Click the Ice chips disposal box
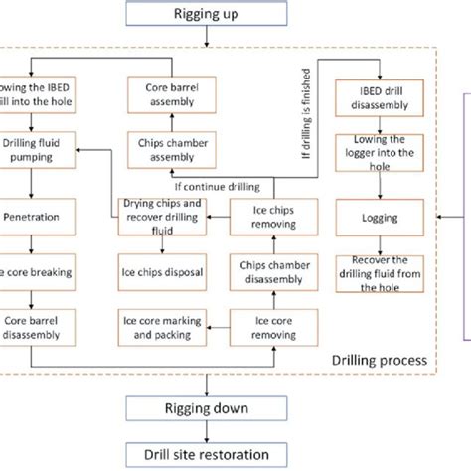point(161,270)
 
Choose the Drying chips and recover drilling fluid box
point(161,216)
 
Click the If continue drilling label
point(215,185)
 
